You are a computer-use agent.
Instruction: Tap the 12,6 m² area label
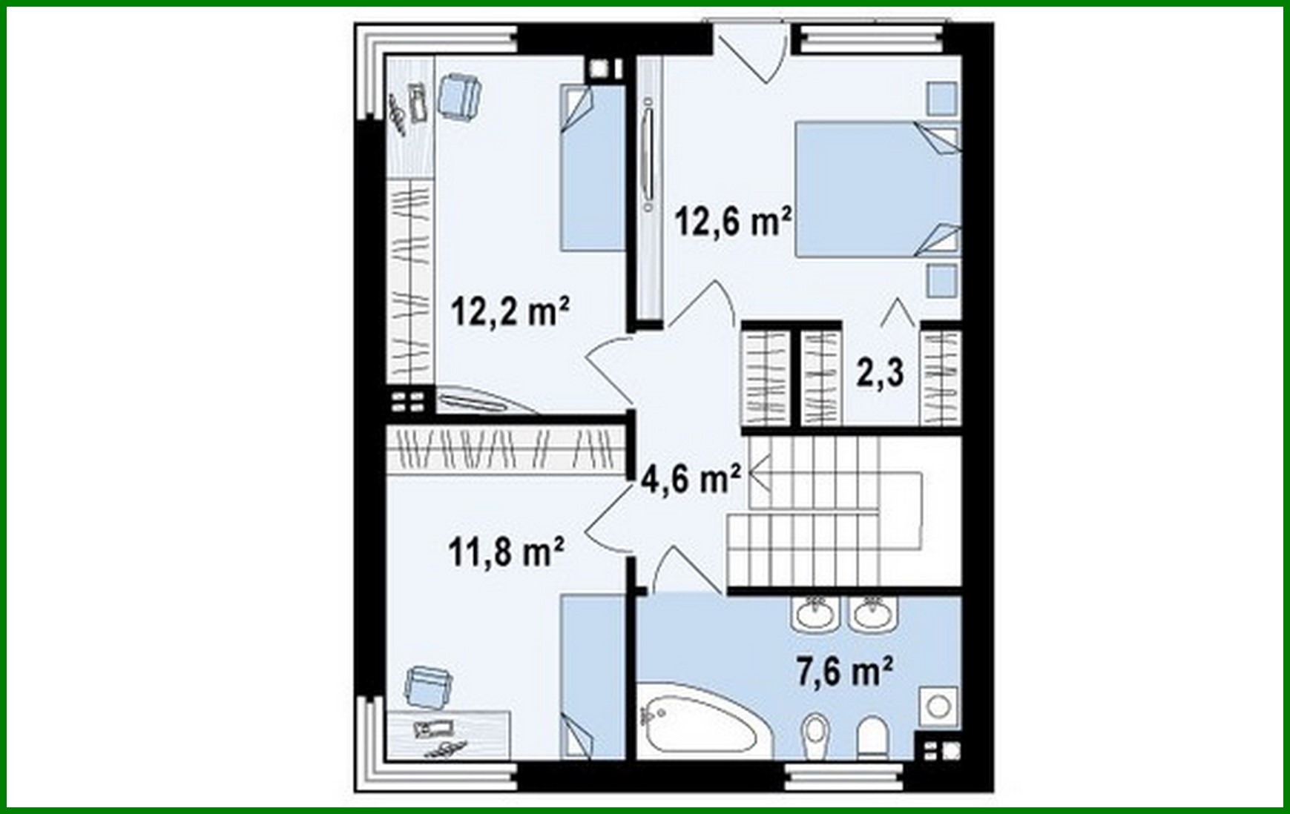(x=732, y=221)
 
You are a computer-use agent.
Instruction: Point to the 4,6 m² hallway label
(x=691, y=479)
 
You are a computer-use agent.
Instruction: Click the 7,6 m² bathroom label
(x=843, y=672)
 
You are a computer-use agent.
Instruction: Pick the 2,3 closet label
(x=881, y=372)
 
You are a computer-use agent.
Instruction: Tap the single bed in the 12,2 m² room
(x=591, y=168)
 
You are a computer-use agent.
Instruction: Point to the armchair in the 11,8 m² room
(x=428, y=686)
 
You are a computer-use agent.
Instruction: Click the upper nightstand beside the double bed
(x=941, y=99)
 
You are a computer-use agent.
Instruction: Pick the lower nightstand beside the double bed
(x=941, y=280)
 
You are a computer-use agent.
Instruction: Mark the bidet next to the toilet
(x=816, y=734)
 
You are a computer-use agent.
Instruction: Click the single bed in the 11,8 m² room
(x=592, y=676)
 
